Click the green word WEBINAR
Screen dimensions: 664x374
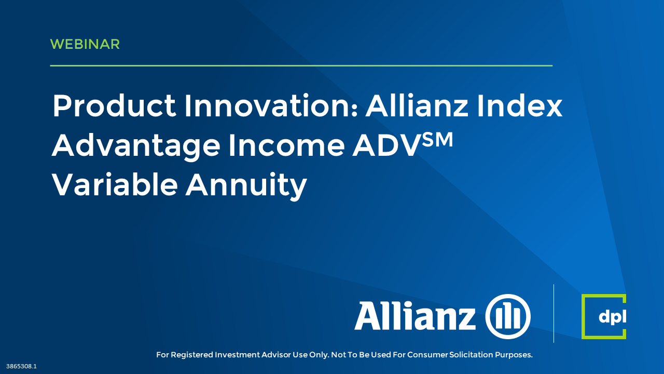click(x=85, y=44)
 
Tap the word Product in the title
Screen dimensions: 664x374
click(x=115, y=105)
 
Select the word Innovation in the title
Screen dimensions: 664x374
click(x=271, y=105)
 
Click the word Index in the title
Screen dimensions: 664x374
click(x=519, y=105)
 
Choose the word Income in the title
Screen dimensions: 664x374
click(x=287, y=145)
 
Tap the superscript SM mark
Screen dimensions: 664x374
click(x=437, y=139)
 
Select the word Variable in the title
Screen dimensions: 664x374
click(x=115, y=184)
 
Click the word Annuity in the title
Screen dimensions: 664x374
click(x=246, y=185)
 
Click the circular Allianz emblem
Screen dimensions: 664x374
click(x=508, y=316)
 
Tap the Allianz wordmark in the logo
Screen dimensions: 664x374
click(x=415, y=315)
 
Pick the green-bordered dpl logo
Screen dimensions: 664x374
click(x=604, y=316)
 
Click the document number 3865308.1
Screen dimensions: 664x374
click(x=21, y=366)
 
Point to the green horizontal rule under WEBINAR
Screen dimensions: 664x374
click(x=301, y=65)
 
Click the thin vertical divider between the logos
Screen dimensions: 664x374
click(x=554, y=313)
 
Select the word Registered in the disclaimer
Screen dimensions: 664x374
click(x=192, y=355)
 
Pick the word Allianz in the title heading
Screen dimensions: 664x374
click(x=417, y=105)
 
